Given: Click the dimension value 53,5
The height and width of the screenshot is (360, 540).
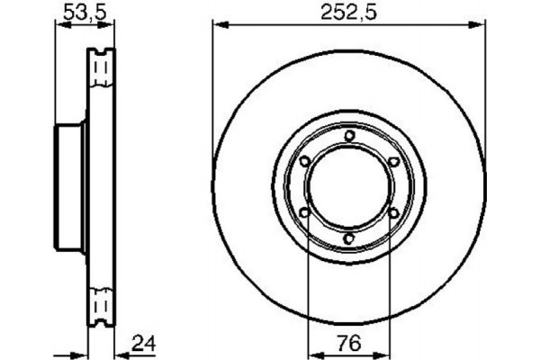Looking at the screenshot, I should tap(80, 13).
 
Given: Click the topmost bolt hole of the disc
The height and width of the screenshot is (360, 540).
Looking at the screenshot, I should tap(348, 136).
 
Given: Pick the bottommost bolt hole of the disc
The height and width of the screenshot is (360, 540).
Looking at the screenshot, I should tap(348, 238).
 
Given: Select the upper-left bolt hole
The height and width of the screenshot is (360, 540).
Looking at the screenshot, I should tap(304, 161).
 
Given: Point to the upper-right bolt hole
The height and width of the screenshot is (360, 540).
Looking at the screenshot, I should tap(392, 161).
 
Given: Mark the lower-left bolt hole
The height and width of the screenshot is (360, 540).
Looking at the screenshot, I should tap(304, 213).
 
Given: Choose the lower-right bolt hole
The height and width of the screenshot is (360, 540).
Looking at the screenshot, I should tap(392, 213).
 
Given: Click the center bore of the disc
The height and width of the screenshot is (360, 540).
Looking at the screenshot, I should tap(348, 187).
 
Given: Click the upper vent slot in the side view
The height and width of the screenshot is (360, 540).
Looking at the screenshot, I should tap(101, 68).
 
